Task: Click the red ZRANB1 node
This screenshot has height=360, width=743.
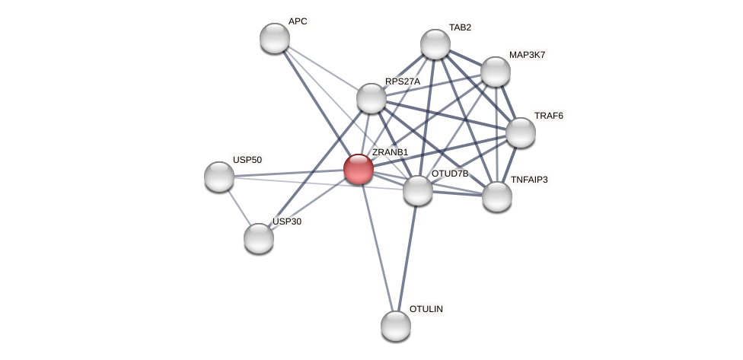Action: pos(358,168)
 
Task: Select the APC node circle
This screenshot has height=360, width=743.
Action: pos(274,38)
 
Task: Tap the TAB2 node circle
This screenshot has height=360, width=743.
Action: pos(435,44)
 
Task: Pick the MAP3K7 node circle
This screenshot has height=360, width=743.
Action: pos(495,72)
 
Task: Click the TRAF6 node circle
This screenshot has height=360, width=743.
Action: pos(520,132)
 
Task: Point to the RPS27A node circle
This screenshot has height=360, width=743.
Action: pos(371,98)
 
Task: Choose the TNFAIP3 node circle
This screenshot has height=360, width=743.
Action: pos(496,196)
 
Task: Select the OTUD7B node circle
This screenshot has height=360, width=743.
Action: pos(417,190)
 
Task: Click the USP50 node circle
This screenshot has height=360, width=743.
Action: pos(219,177)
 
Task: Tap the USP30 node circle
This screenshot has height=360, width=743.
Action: pos(259,238)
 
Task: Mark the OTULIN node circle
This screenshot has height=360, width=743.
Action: pos(395,326)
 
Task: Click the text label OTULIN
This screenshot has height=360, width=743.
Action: pos(426,309)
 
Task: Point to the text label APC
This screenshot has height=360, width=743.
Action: pos(298,21)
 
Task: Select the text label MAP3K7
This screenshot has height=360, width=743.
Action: pos(527,55)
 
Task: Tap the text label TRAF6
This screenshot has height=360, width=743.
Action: pos(548,116)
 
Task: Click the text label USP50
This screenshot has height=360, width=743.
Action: pos(247,160)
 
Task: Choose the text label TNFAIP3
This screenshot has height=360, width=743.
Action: pos(528,180)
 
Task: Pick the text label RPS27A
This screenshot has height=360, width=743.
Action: pos(402,81)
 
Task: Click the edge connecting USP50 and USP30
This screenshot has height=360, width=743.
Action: pos(238,207)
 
